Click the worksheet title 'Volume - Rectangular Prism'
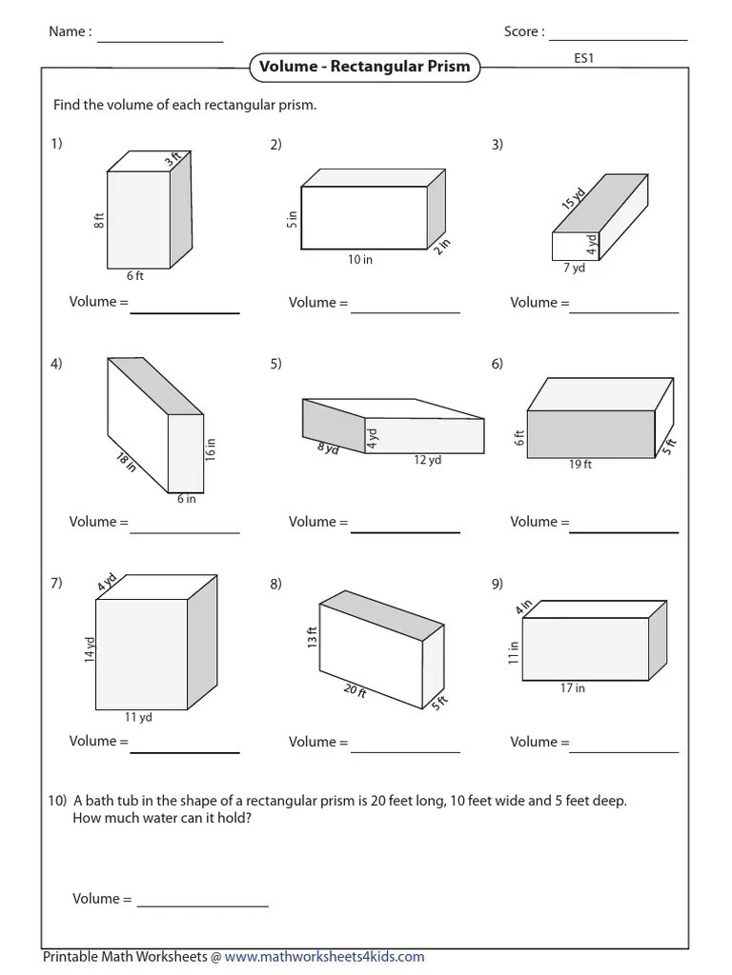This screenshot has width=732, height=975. click(363, 68)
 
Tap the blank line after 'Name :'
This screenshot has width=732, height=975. click(159, 40)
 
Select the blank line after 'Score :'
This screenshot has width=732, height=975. click(618, 38)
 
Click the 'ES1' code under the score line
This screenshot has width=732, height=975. click(584, 58)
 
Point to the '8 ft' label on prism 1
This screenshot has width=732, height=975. click(99, 220)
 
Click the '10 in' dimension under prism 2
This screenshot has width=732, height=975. click(360, 260)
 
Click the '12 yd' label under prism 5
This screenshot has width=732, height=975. click(428, 461)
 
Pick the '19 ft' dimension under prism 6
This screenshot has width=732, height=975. click(580, 466)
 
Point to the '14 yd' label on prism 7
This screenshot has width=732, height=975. click(90, 649)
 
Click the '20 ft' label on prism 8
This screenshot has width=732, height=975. click(356, 690)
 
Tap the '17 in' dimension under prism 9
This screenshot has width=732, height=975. click(573, 688)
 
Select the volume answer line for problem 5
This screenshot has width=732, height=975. click(405, 530)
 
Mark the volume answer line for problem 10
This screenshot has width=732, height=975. click(203, 905)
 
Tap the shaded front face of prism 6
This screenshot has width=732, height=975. click(591, 433)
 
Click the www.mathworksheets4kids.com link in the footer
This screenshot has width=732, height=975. click(325, 957)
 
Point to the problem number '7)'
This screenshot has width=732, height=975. click(57, 584)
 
